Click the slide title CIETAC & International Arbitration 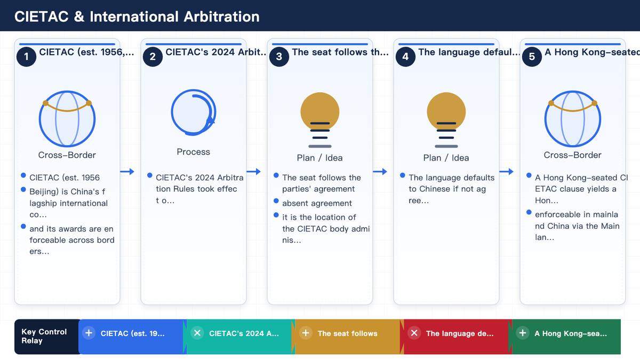tap(137, 17)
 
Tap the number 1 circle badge tap(26, 57)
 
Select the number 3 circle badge tap(279, 57)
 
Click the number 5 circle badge tap(532, 57)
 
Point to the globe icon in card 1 tap(67, 118)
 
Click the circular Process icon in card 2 tap(194, 113)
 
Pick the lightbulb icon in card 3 tap(320, 119)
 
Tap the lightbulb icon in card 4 tap(446, 119)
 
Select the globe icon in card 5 tap(573, 118)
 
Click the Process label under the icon tap(194, 151)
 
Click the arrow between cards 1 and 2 tap(127, 171)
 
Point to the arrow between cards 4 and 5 tap(506, 171)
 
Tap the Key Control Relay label tap(44, 337)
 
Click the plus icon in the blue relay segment tap(89, 333)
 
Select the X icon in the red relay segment tap(414, 333)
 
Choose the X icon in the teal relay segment tap(197, 333)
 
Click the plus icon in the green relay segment tap(523, 333)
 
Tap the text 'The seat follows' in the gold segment tap(347, 333)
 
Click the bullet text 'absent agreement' tap(317, 203)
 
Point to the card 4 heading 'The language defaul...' tap(469, 52)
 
